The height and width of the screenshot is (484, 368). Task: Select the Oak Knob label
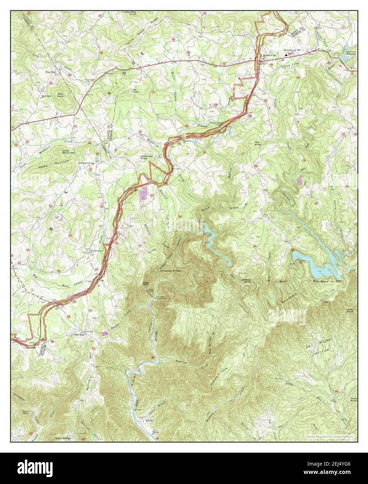click(135, 91)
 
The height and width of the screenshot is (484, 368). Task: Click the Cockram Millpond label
click(351, 53)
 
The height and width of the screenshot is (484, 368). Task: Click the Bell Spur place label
click(80, 335)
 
